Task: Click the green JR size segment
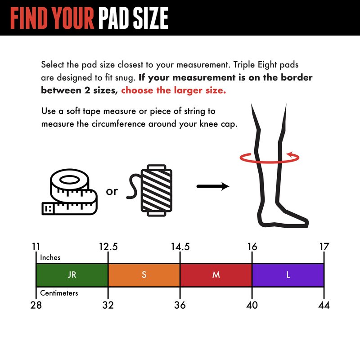72,275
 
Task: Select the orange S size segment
144,275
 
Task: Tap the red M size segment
216,275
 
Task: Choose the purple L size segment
288,275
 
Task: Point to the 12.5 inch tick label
108,247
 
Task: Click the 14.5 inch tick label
180,247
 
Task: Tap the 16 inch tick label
252,247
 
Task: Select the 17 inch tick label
324,247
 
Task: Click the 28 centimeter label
36,305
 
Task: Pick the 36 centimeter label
180,305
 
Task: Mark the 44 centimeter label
324,305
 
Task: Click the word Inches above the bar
50,257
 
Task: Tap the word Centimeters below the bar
59,293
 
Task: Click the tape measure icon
70,192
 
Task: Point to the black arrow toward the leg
213,186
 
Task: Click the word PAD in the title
114,18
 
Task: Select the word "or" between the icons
112,191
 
